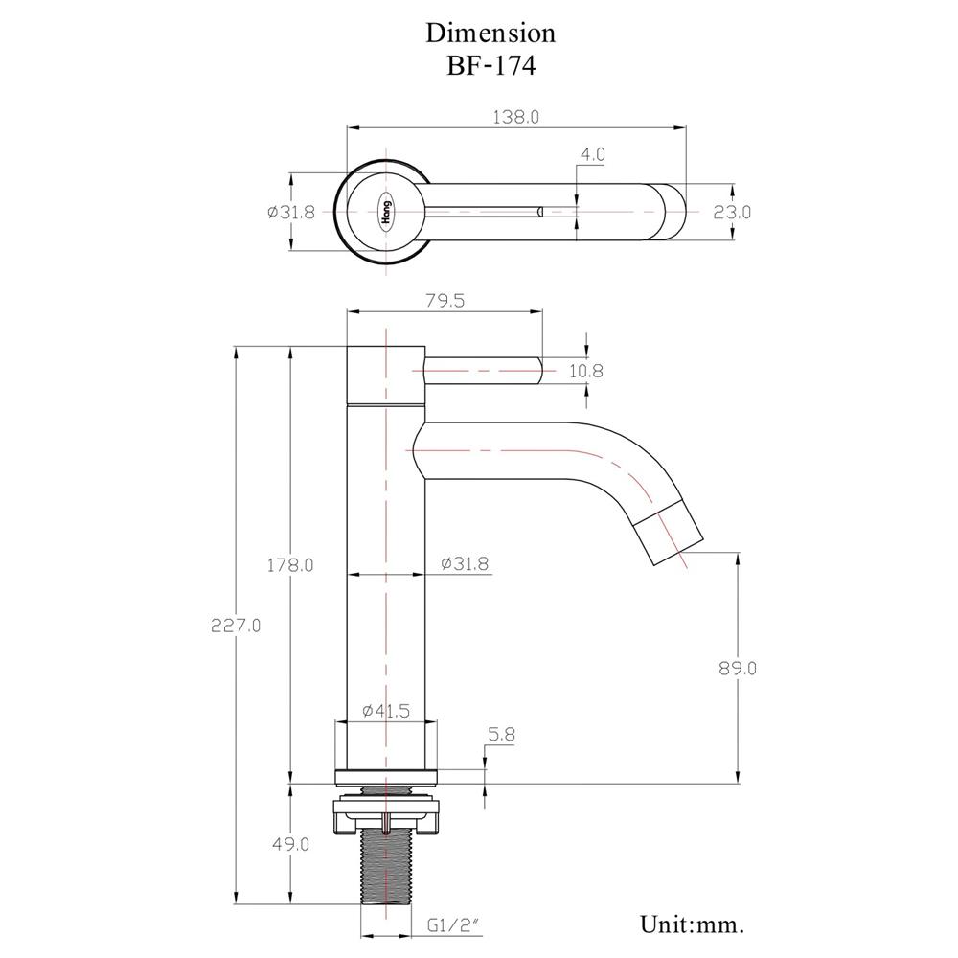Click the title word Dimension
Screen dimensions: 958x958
[490, 33]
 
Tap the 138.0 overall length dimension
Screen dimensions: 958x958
[515, 117]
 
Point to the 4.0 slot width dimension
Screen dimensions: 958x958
[592, 154]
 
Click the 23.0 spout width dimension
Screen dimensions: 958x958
[732, 212]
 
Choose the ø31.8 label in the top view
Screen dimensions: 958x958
[291, 212]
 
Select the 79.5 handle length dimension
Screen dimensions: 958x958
[444, 301]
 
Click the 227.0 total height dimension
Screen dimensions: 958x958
[236, 625]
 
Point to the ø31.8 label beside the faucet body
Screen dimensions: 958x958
[465, 564]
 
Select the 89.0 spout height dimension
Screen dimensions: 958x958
[737, 668]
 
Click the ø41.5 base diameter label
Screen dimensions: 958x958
[386, 711]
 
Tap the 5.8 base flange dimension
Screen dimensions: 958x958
[501, 735]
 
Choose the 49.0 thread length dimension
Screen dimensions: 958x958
[291, 844]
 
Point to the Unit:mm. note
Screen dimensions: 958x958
[692, 924]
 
